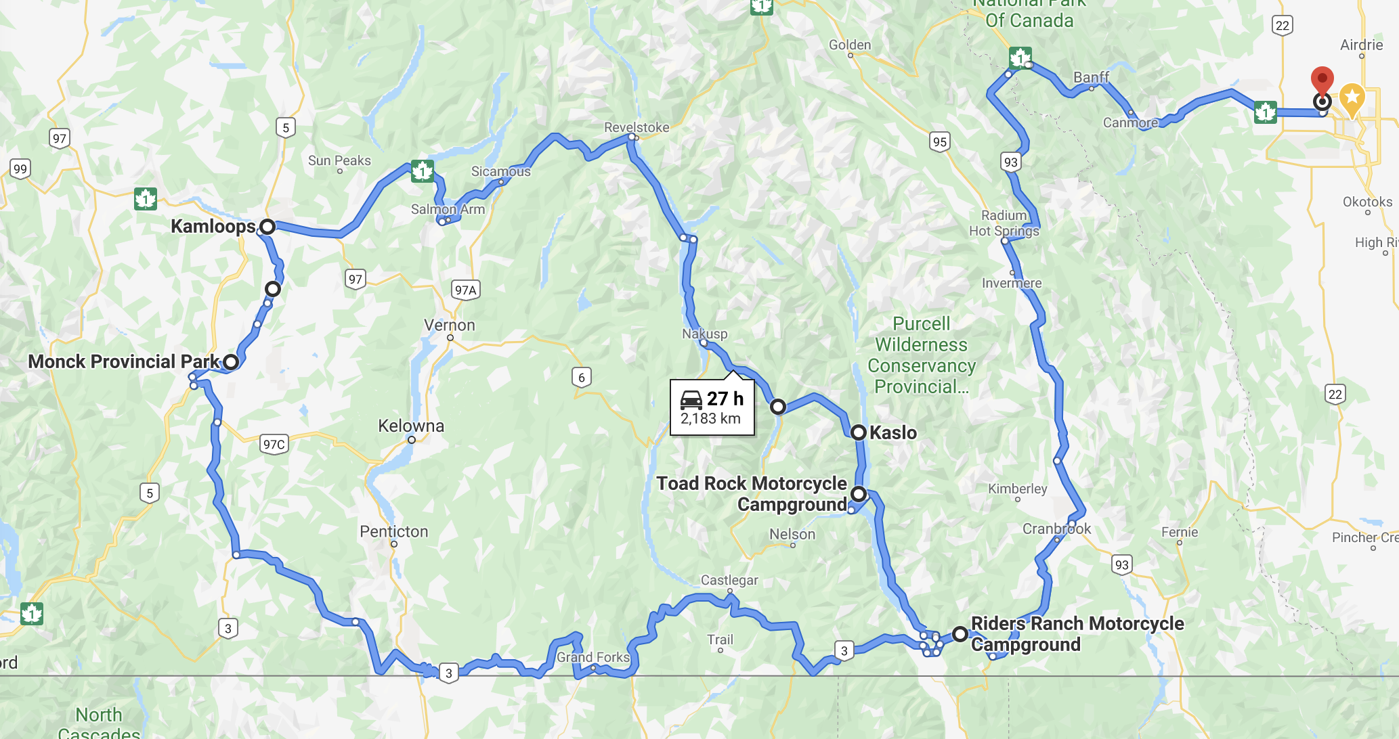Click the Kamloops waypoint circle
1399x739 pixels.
pyautogui.click(x=267, y=227)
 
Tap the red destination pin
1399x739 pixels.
pyautogui.click(x=1322, y=81)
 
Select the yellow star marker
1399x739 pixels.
pyautogui.click(x=1352, y=99)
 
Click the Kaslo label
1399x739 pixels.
pyautogui.click(x=892, y=432)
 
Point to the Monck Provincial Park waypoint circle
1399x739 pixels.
pyautogui.click(x=231, y=362)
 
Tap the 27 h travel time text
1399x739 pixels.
pyautogui.click(x=725, y=399)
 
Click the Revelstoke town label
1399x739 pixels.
pyautogui.click(x=637, y=127)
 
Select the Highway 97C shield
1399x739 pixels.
pyautogui.click(x=274, y=444)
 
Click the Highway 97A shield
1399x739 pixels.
pyautogui.click(x=466, y=290)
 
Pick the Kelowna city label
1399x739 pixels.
pyautogui.click(x=411, y=426)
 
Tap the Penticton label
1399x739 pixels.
pyautogui.click(x=394, y=531)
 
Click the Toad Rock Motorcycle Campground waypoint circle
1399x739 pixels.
pyautogui.click(x=859, y=494)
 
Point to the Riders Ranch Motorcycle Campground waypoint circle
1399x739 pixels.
pyautogui.click(x=960, y=634)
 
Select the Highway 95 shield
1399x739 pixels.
pyautogui.click(x=940, y=141)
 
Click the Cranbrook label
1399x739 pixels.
pyautogui.click(x=1056, y=529)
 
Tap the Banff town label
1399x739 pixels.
pyautogui.click(x=1091, y=77)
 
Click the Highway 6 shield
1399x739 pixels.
pyautogui.click(x=582, y=378)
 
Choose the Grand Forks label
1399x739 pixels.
pyautogui.click(x=593, y=657)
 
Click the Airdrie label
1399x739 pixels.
pyautogui.click(x=1361, y=45)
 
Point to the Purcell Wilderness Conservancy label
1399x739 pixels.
pyautogui.click(x=922, y=355)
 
